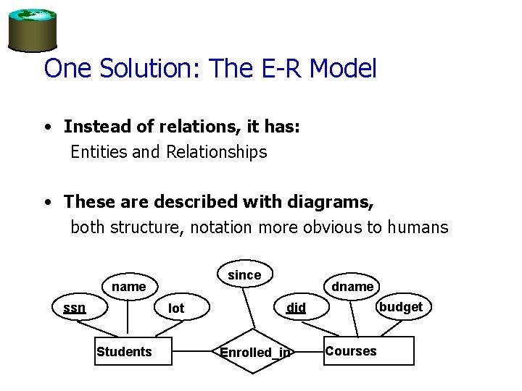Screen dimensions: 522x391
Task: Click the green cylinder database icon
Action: tap(32, 29)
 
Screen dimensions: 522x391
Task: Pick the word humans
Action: tap(418, 227)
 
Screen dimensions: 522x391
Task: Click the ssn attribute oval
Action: tap(74, 308)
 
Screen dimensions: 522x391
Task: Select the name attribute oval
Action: tap(128, 287)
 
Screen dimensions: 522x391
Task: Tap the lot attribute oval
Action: tap(176, 308)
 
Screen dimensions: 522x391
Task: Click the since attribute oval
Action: tap(244, 275)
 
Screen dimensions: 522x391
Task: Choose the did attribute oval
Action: tap(296, 308)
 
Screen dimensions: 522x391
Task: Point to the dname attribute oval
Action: tap(352, 287)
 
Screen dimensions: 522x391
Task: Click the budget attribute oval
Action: tap(400, 307)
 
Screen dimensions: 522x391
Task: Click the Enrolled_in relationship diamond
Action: tap(255, 353)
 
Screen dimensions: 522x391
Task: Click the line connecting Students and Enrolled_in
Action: tap(195, 353)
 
